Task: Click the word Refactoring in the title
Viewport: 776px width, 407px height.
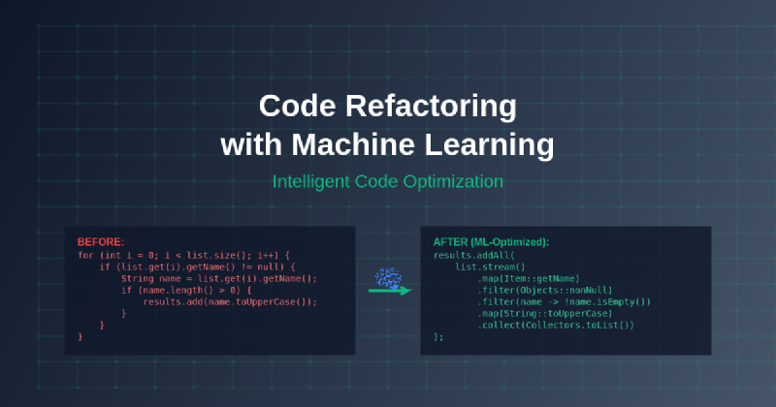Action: pos(431,107)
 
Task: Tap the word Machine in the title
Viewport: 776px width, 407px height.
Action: pos(353,144)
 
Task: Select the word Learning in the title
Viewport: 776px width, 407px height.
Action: pos(489,146)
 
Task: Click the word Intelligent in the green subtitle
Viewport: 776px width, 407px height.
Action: pos(311,182)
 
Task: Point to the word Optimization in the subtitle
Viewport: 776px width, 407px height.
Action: pos(453,182)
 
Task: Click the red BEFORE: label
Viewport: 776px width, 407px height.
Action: pos(101,242)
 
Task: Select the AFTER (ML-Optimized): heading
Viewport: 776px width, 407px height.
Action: pos(491,242)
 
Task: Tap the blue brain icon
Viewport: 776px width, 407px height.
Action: pos(389,277)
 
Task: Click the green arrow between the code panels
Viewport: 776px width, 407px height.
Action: pos(390,291)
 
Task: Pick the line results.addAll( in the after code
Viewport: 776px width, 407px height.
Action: pos(474,255)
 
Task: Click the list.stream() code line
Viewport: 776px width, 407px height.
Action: pos(490,267)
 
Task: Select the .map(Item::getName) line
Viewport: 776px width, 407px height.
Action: pos(528,278)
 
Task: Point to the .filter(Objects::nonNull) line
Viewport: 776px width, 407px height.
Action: pos(544,291)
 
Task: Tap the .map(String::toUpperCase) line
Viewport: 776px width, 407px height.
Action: pos(544,314)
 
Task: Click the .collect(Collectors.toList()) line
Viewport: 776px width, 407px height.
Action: pos(555,325)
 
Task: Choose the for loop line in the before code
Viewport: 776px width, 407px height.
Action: pos(183,255)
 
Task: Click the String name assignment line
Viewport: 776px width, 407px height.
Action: pos(219,278)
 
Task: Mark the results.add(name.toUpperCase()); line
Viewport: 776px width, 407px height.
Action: pos(230,301)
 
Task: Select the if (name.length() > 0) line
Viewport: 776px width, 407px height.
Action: pos(186,291)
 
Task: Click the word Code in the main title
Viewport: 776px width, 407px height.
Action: pos(298,106)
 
